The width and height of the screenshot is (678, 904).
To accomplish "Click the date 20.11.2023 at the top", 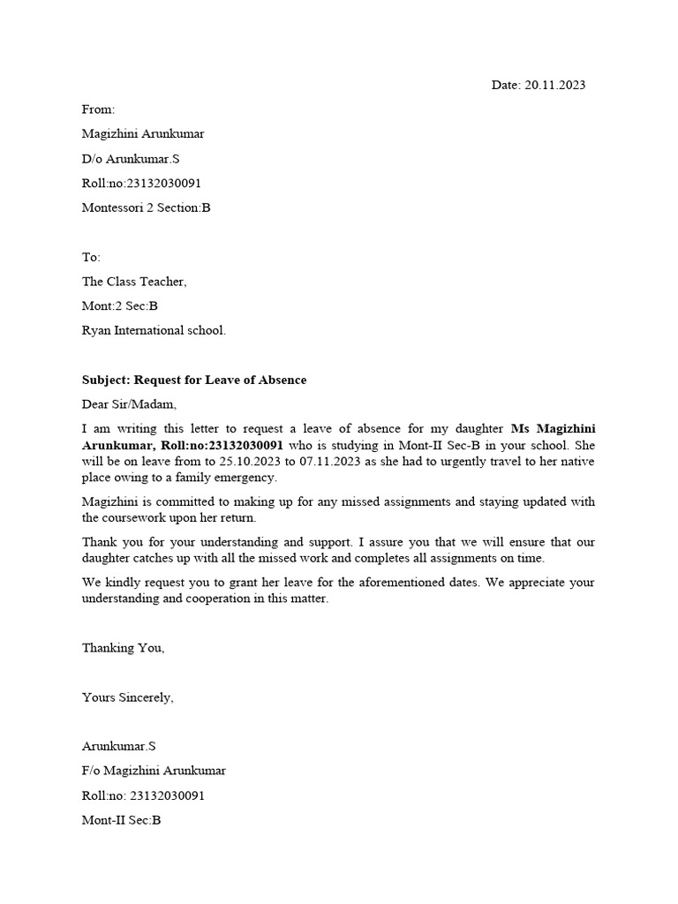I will coord(554,86).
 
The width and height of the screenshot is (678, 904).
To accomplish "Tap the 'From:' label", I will coord(99,109).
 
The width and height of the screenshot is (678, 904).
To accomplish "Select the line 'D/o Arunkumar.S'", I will coord(131,159).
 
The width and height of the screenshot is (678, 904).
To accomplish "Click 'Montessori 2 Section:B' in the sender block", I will coord(147,208).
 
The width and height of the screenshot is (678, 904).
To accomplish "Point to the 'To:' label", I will coord(92,257).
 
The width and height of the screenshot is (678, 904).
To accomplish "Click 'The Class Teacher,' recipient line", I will coord(134,282).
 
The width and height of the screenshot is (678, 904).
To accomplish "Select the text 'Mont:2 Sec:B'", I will coord(119,306).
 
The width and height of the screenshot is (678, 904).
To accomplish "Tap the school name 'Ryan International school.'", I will coord(154,331).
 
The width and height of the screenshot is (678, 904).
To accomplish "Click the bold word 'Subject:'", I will coord(106,380).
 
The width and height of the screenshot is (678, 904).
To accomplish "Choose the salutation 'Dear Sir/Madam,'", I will coord(129,404).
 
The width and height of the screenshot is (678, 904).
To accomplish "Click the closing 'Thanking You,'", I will coord(124,648).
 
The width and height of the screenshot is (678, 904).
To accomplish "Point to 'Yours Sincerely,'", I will coord(128,697).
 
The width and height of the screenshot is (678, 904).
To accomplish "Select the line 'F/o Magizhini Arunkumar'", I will coord(154,771).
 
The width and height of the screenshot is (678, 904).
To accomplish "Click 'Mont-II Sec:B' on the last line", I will coord(122,820).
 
